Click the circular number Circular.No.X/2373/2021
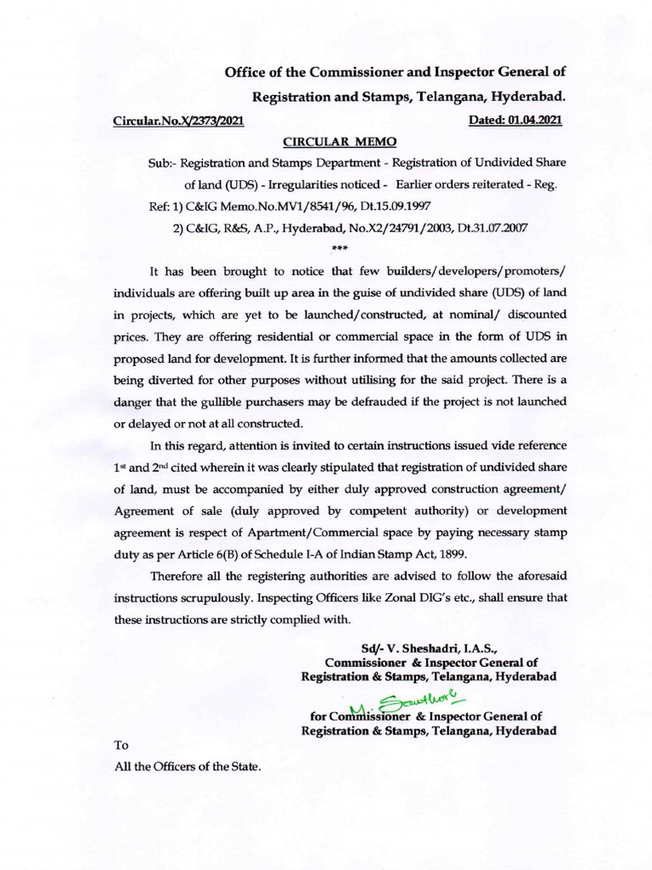pos(178,121)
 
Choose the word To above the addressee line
pos(121,745)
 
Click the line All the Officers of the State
pos(188,766)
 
